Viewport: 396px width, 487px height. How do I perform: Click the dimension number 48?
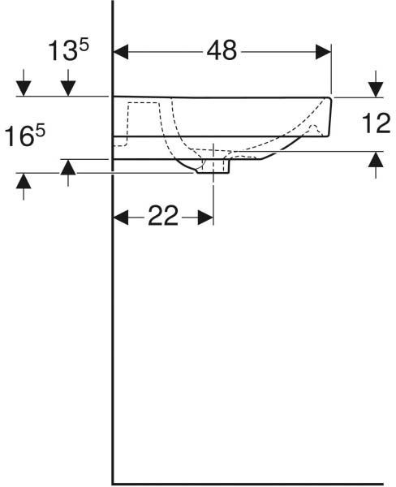coord(222,50)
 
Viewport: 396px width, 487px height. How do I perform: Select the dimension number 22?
coord(163,216)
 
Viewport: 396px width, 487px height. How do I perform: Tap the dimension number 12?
coord(377,123)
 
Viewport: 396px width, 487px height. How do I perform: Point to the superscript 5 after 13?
coord(84,45)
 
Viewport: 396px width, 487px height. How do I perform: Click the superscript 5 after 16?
coord(40,131)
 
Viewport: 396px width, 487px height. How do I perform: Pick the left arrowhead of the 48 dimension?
coord(121,52)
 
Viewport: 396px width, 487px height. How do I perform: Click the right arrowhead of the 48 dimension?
coord(323,52)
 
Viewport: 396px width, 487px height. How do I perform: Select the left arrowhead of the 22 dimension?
coord(121,217)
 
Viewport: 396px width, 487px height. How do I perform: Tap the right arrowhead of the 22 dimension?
coord(205,217)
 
